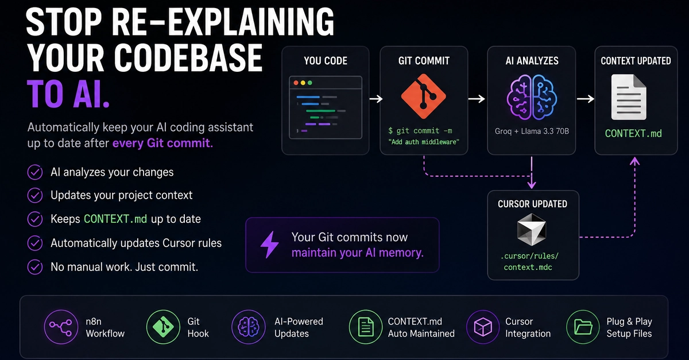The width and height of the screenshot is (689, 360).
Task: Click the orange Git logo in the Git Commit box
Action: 424,96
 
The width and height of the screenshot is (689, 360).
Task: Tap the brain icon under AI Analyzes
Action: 532,97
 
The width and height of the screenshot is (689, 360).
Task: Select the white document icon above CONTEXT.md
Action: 628,97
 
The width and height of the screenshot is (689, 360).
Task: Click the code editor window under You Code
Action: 326,107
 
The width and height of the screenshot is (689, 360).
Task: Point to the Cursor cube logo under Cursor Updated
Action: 532,230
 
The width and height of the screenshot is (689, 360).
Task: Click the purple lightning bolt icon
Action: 269,245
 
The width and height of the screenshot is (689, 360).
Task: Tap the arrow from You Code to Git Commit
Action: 376,99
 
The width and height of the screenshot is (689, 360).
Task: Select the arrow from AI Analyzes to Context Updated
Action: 585,99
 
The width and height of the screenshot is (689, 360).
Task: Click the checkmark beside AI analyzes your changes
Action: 35,172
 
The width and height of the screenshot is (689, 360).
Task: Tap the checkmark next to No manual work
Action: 35,267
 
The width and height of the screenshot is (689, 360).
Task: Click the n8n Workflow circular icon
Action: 61,327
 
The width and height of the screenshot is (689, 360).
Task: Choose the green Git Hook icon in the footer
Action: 163,327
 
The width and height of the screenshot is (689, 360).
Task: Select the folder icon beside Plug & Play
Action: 583,327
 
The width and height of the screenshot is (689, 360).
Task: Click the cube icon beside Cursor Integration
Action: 483,327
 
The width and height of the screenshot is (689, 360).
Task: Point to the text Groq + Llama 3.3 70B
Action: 532,131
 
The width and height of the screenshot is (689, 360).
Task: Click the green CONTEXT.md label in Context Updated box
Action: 633,134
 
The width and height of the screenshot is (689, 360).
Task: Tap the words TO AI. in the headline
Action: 68,94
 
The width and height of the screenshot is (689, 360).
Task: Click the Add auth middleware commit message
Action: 424,142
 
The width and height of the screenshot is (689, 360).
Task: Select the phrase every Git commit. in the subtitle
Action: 162,143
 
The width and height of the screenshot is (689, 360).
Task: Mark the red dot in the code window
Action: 296,83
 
